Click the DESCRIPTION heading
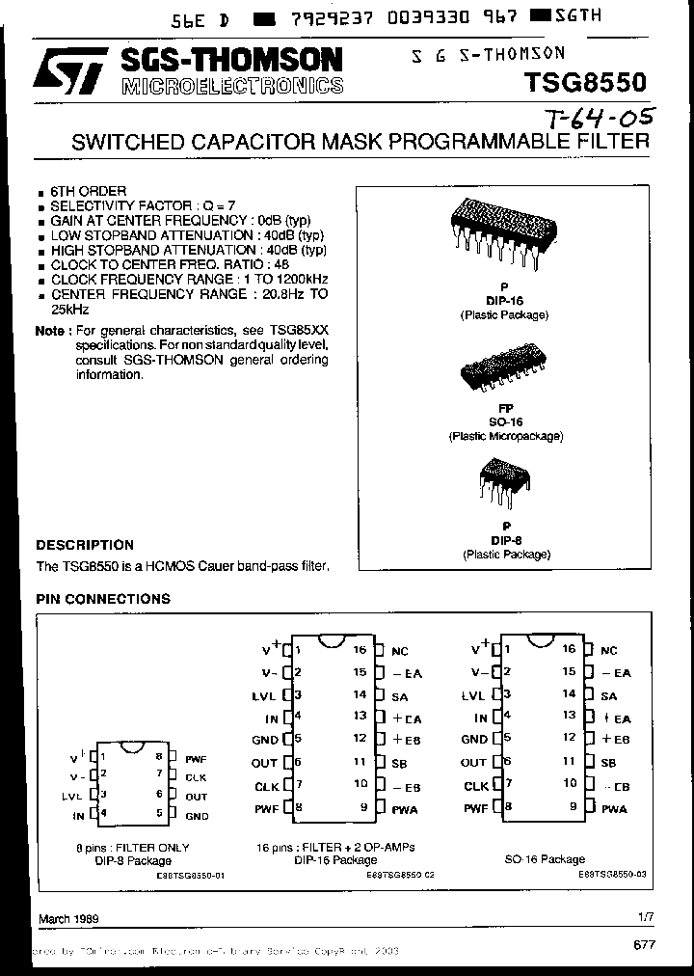click(85, 545)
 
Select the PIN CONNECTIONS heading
click(103, 599)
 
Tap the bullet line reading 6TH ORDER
click(88, 192)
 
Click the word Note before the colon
click(51, 331)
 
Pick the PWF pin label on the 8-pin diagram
click(197, 760)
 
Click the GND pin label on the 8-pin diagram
click(197, 815)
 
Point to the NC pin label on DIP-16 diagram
click(400, 651)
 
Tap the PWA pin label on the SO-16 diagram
click(614, 808)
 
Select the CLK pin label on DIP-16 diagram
click(266, 786)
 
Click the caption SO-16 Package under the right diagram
click(545, 858)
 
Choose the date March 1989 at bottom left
click(68, 919)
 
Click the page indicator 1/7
click(644, 918)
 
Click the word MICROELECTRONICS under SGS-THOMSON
click(232, 86)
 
